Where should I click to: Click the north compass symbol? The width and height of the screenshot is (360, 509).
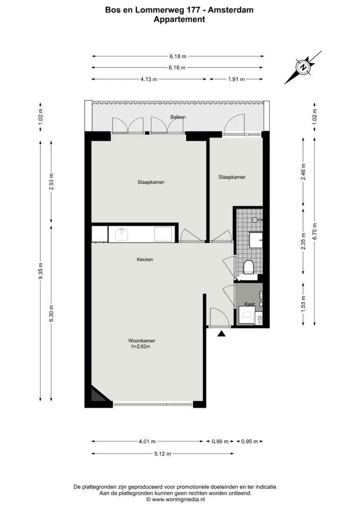tap(303, 68)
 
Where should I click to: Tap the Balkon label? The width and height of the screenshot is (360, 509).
tap(178, 117)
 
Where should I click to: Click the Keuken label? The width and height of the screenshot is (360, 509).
tap(145, 259)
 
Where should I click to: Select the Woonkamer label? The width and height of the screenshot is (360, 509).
tap(142, 341)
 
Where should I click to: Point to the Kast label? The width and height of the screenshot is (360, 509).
tap(249, 304)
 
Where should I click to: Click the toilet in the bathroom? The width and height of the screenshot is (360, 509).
tap(249, 267)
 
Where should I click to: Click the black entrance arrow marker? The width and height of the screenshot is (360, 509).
tap(222, 333)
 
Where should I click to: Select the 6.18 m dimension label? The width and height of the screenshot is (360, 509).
tap(178, 56)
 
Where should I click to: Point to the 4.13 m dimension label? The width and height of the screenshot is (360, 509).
tap(149, 79)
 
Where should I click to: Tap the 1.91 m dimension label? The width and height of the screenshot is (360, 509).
tap(236, 79)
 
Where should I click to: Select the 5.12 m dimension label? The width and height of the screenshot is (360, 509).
tap(163, 454)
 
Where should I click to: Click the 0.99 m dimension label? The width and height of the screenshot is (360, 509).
tap(221, 441)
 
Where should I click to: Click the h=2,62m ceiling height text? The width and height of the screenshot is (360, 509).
tap(140, 346)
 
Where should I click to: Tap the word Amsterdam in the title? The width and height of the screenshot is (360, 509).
tap(231, 10)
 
